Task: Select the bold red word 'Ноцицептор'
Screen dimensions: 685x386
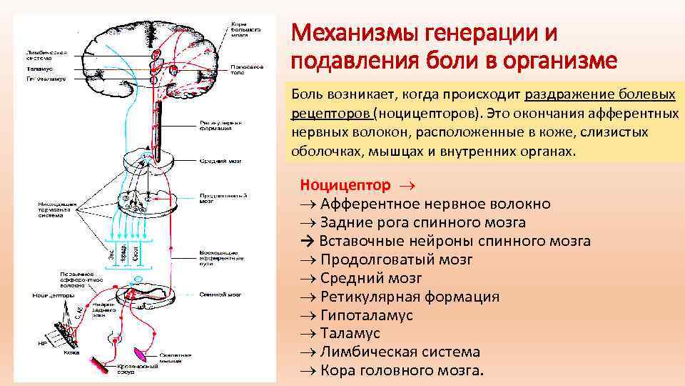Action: pyautogui.click(x=345, y=185)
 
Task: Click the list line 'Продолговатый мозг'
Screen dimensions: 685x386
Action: pyautogui.click(x=396, y=259)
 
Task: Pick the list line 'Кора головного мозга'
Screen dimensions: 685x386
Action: pyautogui.click(x=402, y=370)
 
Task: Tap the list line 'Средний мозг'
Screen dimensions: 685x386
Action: pyautogui.click(x=371, y=278)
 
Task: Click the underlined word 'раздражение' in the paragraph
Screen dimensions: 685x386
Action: pyautogui.click(x=568, y=95)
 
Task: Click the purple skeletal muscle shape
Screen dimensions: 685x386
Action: pyautogui.click(x=142, y=352)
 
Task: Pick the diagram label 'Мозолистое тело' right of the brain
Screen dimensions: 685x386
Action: pyautogui.click(x=246, y=70)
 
